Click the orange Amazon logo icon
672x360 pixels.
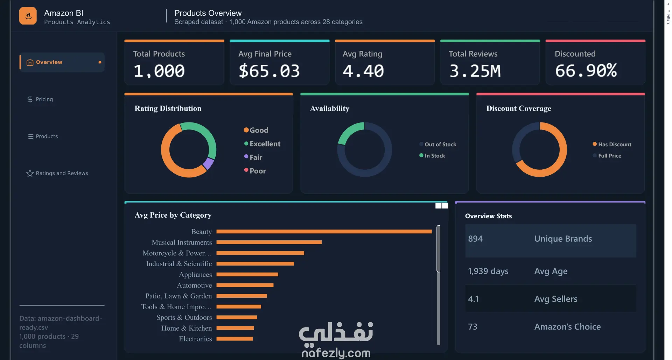coord(28,16)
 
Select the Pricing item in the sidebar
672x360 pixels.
coord(40,99)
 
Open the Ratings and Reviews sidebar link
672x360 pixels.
coord(57,173)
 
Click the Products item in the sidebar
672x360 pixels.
coord(43,136)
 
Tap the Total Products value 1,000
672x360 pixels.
coord(159,71)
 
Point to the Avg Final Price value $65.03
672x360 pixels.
coord(269,71)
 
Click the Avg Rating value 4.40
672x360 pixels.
coord(363,71)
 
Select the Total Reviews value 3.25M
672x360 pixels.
coord(475,71)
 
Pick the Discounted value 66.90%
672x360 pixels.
coord(586,71)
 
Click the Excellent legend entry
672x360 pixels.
coord(262,144)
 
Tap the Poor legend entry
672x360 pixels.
coord(255,171)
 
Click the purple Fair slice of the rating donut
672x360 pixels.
coord(208,163)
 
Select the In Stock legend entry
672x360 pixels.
coord(432,156)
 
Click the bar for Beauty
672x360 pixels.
coord(324,232)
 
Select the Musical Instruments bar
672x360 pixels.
coord(269,242)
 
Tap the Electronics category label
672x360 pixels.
coord(195,339)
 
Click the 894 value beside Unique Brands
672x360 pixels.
coord(475,239)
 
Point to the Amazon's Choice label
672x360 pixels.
coord(567,327)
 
